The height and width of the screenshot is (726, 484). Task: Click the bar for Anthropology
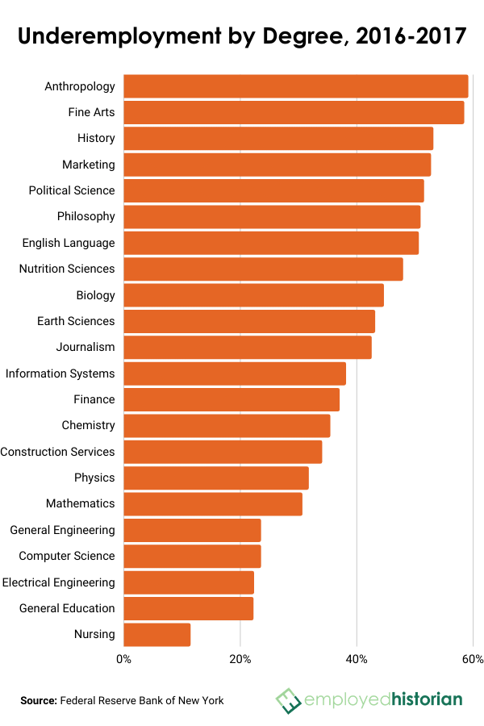295,86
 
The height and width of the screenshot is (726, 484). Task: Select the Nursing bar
157,635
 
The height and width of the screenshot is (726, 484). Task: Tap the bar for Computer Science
192,557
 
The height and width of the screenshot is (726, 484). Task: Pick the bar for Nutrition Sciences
263,269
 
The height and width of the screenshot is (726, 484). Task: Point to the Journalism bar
248,348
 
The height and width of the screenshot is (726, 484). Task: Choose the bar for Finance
232,399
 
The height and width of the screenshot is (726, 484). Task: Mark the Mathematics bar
213,504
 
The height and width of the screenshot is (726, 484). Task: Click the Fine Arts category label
91,112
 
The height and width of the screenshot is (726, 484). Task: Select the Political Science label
72,190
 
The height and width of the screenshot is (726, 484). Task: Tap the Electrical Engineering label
58,582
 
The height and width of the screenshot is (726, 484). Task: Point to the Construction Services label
57,452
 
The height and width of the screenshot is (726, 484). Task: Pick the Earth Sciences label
76,321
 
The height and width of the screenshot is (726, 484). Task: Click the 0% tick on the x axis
124,660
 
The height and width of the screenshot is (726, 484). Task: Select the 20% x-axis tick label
240,660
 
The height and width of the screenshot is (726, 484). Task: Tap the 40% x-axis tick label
357,660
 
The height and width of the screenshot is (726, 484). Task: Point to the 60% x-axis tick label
473,660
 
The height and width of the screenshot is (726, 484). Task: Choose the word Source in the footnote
38,700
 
